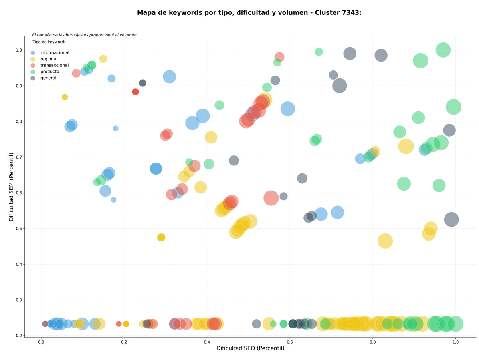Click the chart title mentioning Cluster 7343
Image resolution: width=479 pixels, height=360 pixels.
point(249,13)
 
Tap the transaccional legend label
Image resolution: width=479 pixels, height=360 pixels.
point(54,65)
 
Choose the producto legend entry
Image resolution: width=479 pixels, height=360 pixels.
point(49,72)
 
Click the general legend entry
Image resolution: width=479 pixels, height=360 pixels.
point(48,78)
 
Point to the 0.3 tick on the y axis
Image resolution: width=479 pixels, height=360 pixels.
point(19,300)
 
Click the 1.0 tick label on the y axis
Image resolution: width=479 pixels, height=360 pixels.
point(19,50)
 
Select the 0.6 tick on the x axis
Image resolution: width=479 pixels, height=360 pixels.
point(289,342)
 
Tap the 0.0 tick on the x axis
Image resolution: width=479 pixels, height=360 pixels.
point(41,342)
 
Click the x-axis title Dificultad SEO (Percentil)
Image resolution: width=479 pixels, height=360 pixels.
point(250,348)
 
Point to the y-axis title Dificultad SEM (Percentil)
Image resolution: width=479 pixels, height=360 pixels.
point(11,187)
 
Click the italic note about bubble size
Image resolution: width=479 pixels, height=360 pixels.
point(84,35)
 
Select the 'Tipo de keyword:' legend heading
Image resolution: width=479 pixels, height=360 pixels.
point(49,42)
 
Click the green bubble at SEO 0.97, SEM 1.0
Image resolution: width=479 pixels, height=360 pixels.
point(443,50)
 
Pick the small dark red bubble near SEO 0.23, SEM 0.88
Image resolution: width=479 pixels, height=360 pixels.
point(135,92)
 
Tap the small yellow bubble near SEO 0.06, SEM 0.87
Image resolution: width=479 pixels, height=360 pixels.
point(65,97)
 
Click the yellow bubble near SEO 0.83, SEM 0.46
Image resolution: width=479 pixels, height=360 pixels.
point(385,241)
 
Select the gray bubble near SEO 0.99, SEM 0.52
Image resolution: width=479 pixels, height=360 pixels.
point(451,219)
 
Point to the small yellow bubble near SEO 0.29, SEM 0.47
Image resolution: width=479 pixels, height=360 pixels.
point(161,237)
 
